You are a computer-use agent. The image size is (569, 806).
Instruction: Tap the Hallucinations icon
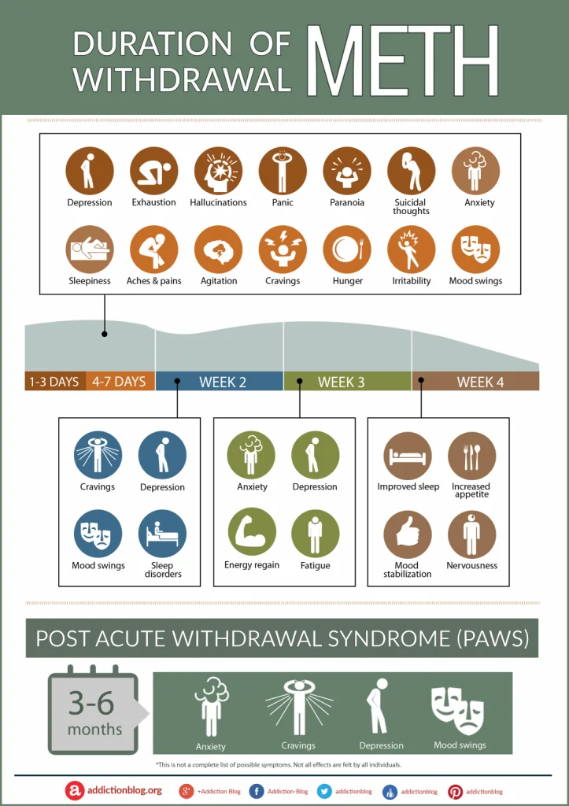218,171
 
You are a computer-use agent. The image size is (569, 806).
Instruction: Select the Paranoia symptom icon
347,171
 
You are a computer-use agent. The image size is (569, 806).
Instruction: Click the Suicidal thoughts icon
411,171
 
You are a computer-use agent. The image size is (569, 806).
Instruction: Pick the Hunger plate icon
347,250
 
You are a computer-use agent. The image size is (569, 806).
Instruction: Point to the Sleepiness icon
89,250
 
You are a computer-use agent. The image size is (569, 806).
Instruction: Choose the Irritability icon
411,250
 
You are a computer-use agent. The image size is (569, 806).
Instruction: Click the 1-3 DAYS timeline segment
54,382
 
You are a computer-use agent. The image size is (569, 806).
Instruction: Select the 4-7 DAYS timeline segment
120,382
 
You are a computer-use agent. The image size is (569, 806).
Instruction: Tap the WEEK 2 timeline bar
220,382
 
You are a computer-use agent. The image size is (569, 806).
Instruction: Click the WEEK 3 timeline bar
347,382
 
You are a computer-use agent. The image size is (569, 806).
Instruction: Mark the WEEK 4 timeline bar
475,382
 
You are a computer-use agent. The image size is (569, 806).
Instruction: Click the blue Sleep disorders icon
162,534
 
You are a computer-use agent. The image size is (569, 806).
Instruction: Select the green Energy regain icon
252,532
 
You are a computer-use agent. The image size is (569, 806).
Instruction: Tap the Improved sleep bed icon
408,456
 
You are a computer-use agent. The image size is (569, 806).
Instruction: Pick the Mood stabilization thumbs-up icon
408,534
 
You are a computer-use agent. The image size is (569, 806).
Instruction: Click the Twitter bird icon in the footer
324,791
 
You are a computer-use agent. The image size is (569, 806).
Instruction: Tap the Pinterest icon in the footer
455,791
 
